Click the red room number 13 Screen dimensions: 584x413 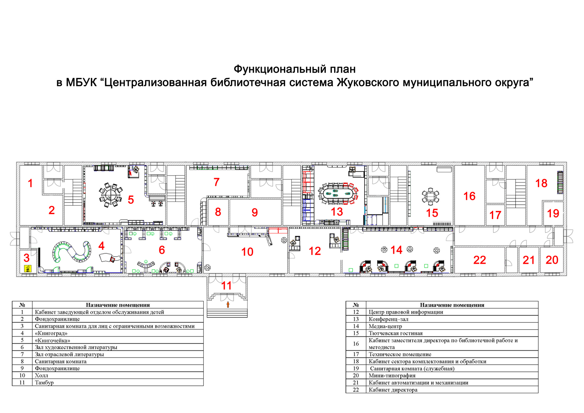coord(337,212)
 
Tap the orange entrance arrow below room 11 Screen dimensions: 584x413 coord(228,304)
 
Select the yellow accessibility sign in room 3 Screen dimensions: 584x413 coord(28,268)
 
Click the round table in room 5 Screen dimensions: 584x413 coord(110,195)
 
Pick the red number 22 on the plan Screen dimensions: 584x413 coord(480,260)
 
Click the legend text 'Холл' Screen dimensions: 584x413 coord(42,376)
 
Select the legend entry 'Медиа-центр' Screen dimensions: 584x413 coord(385,326)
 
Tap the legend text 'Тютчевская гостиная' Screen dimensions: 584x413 coord(395,334)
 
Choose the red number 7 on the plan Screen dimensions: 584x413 coord(217,182)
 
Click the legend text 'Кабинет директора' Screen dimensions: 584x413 coord(393,390)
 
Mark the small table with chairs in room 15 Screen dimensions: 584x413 coord(431,196)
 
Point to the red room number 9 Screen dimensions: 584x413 coord(255,213)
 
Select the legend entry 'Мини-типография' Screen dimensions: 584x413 coord(392,376)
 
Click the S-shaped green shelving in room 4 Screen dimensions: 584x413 coord(72,252)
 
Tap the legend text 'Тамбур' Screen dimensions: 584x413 coord(44,383)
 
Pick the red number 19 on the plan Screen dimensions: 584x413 coord(553,213)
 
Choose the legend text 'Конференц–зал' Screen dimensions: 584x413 coord(388,320)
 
